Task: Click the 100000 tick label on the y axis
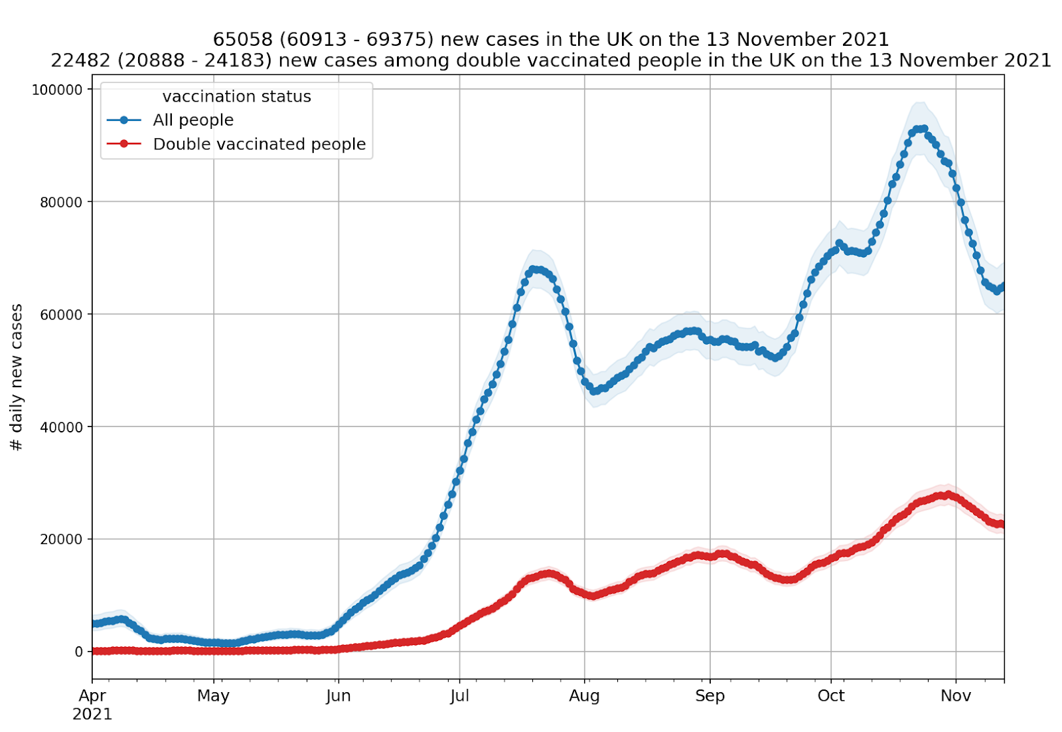57,90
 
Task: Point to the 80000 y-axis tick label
61,202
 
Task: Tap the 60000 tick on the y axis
61,314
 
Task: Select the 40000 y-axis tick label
61,427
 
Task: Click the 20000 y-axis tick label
61,539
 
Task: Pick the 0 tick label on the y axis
78,652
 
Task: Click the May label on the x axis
213,696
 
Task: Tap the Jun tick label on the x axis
339,696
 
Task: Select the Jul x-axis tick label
459,696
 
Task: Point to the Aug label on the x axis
585,696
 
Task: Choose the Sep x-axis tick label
710,696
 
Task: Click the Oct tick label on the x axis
831,696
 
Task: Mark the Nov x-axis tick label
956,696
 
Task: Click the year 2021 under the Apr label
92,715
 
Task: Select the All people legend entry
193,120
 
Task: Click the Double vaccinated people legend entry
259,144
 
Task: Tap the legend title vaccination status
236,97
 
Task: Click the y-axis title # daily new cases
17,377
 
